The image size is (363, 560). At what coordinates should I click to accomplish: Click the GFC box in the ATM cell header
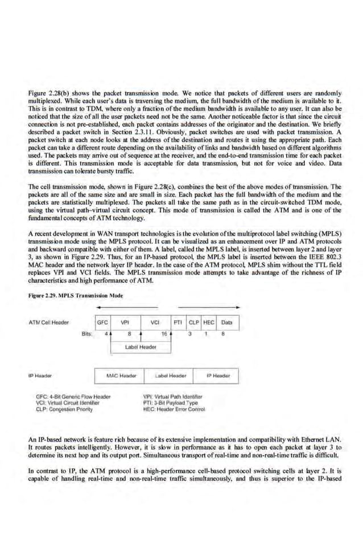coord(103,322)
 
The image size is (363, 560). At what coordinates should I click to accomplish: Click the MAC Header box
coord(121,376)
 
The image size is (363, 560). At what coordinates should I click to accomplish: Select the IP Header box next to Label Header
coord(217,376)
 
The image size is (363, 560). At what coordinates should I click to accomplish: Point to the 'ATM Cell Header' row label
coord(48,322)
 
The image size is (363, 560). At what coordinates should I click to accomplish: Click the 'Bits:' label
coord(86,334)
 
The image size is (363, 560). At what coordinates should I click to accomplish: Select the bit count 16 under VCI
coord(164,334)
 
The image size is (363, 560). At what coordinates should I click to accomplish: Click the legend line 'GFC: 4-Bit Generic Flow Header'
coord(72,396)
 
